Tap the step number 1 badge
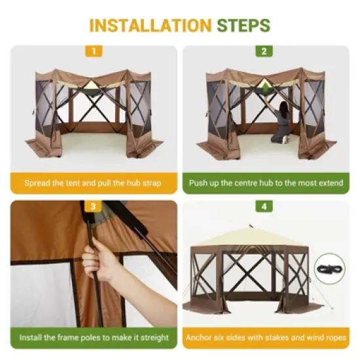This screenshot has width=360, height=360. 94,51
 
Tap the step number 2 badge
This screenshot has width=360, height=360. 264,51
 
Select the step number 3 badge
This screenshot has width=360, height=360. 94,206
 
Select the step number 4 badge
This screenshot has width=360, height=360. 264,206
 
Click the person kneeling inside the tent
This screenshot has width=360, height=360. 283,122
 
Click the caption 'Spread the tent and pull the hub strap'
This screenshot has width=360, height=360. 93,183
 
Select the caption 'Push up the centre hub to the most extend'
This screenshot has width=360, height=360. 265,183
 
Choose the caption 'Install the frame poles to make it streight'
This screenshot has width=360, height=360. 93,338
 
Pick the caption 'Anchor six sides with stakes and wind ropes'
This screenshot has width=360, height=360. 265,338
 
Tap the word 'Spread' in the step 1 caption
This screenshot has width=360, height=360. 38,183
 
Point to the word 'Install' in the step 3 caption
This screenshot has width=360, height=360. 32,338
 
